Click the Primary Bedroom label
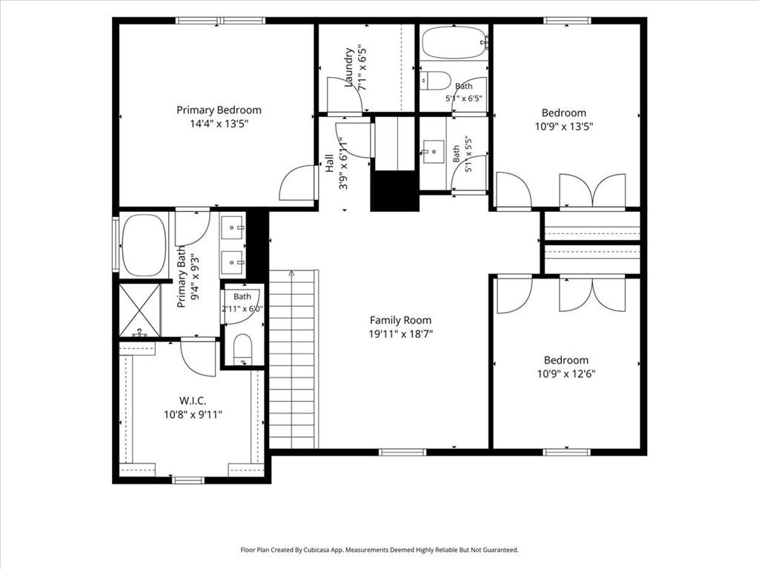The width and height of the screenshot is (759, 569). click(x=219, y=110)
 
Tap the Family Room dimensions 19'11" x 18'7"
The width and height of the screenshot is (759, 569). click(x=400, y=333)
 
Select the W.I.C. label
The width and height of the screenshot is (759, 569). click(x=193, y=401)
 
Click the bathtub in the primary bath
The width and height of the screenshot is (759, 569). click(x=144, y=245)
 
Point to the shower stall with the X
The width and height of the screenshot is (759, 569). click(x=139, y=310)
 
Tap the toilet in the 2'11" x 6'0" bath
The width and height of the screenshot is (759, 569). click(x=242, y=349)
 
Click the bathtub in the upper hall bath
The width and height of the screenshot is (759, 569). click(x=454, y=42)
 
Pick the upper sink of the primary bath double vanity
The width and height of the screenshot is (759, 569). click(x=233, y=227)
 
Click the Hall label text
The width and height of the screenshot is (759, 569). click(x=330, y=163)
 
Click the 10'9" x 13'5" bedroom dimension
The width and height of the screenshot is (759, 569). click(x=564, y=127)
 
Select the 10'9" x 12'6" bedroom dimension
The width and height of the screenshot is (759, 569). click(x=566, y=373)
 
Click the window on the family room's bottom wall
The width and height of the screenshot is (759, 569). click(x=402, y=453)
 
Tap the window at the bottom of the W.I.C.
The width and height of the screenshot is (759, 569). click(x=188, y=480)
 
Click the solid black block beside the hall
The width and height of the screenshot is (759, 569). click(x=394, y=190)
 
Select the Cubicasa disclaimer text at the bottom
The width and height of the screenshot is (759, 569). click(x=379, y=550)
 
